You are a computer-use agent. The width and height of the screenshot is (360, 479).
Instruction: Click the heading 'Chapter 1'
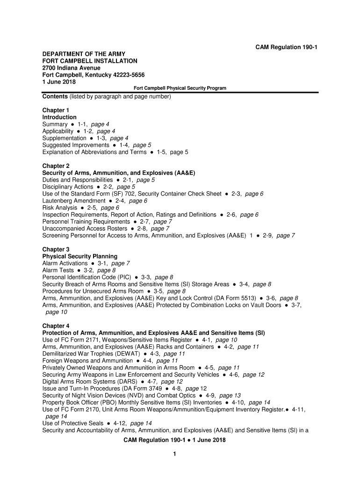click(56, 110)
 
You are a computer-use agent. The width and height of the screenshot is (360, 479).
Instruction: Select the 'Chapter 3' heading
click(56, 250)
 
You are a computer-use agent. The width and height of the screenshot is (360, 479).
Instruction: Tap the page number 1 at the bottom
click(174, 454)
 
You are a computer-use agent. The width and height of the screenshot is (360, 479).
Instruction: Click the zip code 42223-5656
click(125, 75)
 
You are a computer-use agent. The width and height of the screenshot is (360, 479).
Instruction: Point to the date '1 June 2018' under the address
click(59, 82)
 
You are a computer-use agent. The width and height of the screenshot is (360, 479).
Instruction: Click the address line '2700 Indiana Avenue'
click(72, 68)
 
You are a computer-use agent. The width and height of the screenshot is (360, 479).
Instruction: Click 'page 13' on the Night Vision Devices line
click(230, 395)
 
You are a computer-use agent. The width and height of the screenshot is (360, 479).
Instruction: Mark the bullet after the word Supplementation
click(91, 138)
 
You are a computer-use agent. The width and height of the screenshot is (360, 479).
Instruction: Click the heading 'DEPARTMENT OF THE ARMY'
click(83, 54)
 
